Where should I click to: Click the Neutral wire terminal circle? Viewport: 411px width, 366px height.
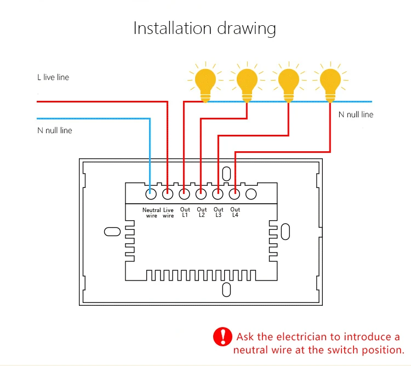click(x=151, y=194)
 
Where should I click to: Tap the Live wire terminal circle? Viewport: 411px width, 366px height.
click(x=168, y=194)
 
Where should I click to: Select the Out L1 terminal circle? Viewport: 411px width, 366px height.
click(x=184, y=194)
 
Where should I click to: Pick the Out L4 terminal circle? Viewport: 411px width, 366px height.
click(x=235, y=194)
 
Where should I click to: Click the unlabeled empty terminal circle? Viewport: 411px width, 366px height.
click(x=251, y=194)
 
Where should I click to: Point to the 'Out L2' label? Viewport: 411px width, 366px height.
click(x=202, y=212)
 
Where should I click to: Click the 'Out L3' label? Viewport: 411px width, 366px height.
click(x=218, y=212)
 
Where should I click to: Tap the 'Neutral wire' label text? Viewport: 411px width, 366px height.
click(x=151, y=213)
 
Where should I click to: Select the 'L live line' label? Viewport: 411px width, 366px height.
click(x=53, y=77)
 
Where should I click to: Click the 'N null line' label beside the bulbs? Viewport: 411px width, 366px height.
click(x=356, y=115)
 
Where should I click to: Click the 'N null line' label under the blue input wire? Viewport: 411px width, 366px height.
click(x=55, y=130)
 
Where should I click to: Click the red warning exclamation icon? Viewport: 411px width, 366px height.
click(x=222, y=336)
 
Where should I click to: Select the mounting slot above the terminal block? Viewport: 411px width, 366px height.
click(x=226, y=174)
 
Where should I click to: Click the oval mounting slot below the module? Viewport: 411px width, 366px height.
click(x=226, y=289)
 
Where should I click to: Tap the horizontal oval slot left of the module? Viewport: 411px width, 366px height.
click(x=112, y=232)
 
